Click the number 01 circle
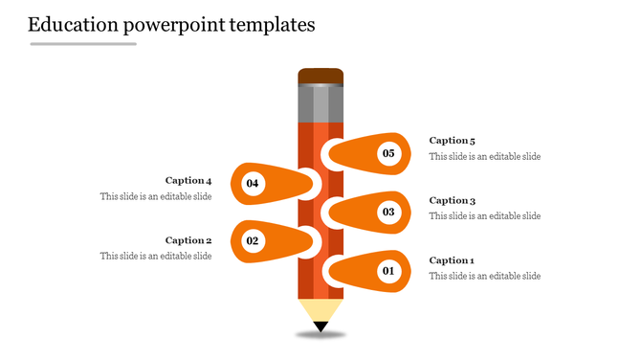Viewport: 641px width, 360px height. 388,272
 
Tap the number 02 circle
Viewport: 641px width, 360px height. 253,241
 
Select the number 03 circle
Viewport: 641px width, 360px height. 388,212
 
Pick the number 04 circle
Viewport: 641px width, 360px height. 253,182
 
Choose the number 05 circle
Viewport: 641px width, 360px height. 388,153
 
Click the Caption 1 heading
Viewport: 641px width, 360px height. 452,260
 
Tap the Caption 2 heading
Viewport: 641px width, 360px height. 188,240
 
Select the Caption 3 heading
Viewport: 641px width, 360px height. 452,200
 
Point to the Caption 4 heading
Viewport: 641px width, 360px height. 188,180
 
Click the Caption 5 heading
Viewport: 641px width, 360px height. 452,141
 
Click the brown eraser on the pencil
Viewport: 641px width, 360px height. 320,76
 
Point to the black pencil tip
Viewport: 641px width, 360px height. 320,327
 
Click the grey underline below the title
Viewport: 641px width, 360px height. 83,43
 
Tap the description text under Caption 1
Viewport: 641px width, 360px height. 484,276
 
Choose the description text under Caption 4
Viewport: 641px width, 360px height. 156,196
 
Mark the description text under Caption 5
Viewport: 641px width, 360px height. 484,156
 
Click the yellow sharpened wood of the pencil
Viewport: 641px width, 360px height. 320,310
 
